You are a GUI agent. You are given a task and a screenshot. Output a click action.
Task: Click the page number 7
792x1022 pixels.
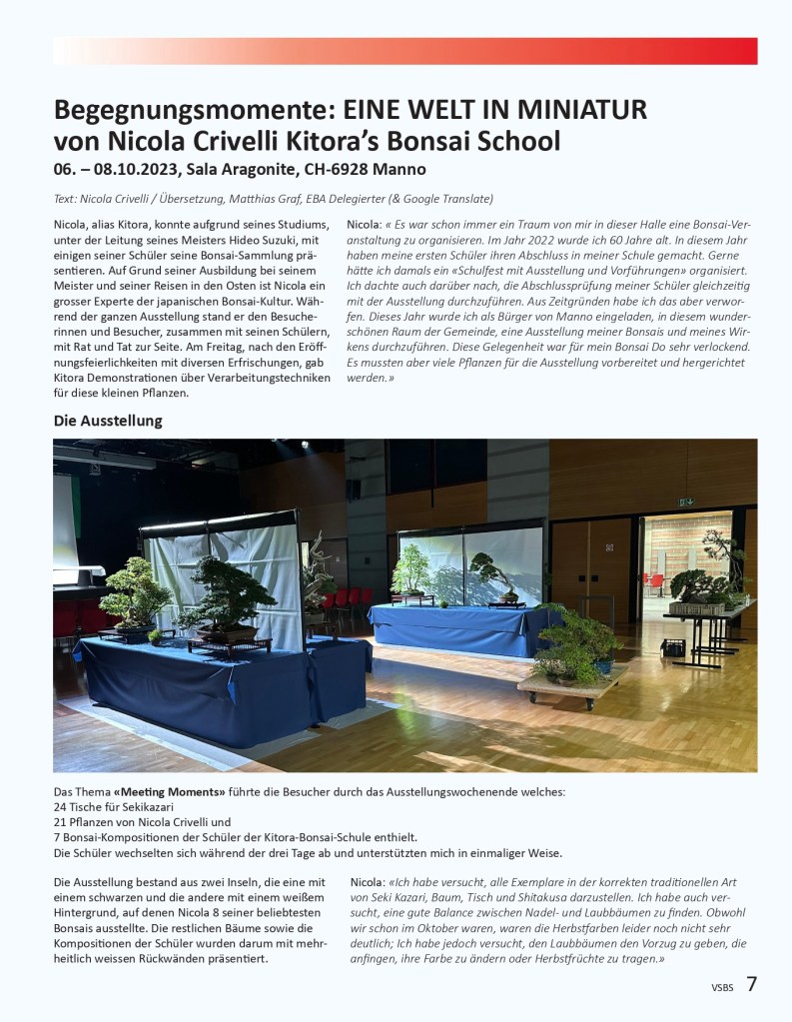[x=751, y=984]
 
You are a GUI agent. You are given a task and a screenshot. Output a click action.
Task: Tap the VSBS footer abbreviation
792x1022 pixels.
[x=722, y=988]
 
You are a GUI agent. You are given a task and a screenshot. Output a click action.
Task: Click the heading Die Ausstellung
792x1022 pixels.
[x=107, y=421]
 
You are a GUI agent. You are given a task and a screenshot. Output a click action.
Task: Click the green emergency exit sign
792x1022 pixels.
[x=687, y=502]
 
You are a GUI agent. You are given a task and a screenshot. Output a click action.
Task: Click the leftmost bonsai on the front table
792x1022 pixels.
[x=134, y=596]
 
